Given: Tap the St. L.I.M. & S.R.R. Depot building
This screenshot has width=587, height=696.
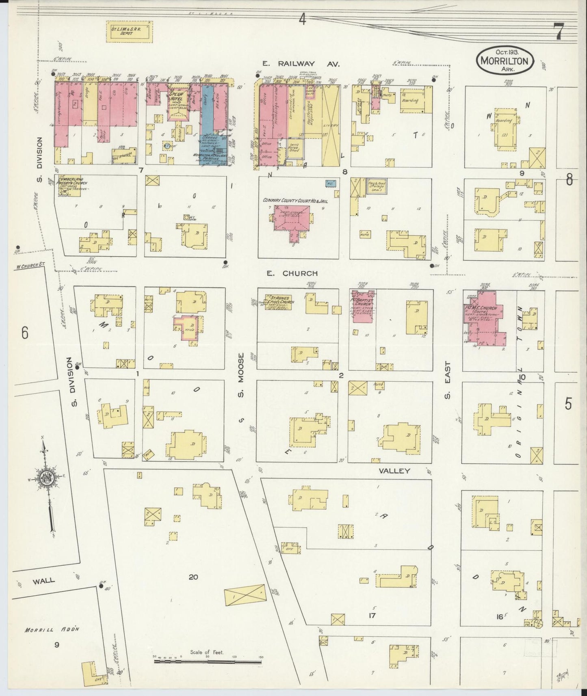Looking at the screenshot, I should [129, 32].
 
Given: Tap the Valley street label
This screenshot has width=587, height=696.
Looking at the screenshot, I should [394, 471].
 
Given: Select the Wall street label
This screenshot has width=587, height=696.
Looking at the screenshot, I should [43, 581].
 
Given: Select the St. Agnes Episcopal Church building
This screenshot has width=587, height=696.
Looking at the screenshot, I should [279, 302].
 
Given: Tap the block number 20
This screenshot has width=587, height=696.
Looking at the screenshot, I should [193, 577].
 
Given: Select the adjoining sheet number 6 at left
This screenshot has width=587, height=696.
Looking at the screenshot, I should [25, 333].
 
